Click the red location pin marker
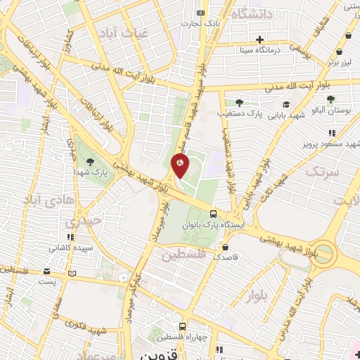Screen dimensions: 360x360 pyautogui.click(x=180, y=165)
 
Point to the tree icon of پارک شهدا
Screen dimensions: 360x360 pyautogui.click(x=87, y=160)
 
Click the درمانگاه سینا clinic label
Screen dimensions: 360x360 pyautogui.click(x=260, y=50)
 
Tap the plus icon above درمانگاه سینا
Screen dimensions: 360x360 pyautogui.click(x=260, y=39)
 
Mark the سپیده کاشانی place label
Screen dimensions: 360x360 pyautogui.click(x=68, y=247)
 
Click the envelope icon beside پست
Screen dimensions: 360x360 pyautogui.click(x=46, y=271)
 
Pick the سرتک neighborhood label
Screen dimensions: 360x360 pyautogui.click(x=323, y=171)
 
